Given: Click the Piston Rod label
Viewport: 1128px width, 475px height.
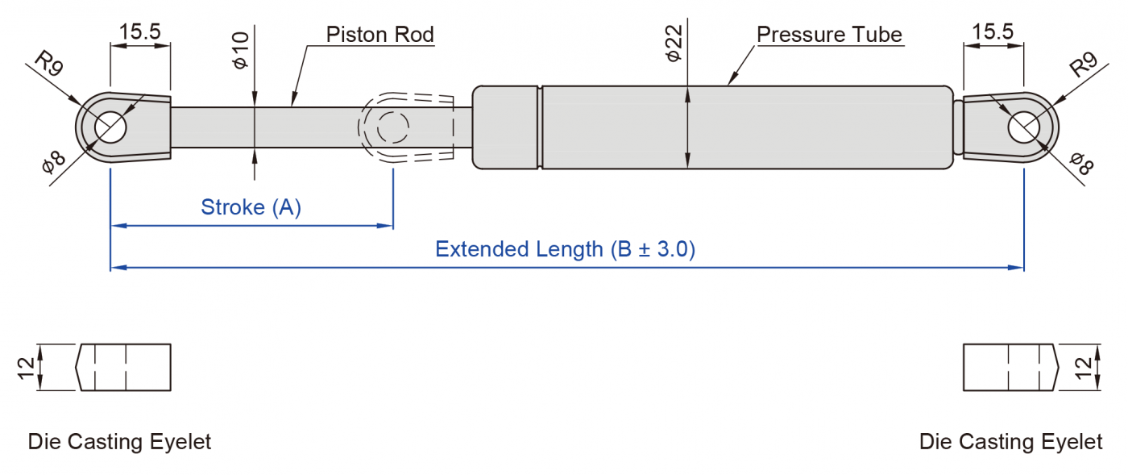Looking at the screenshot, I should pyautogui.click(x=379, y=35).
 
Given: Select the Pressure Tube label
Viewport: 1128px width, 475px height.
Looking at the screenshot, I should pyautogui.click(x=829, y=35).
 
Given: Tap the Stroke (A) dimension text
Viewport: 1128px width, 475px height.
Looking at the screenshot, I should pyautogui.click(x=251, y=207).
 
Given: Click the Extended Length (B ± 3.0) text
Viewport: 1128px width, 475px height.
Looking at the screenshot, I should pyautogui.click(x=565, y=248).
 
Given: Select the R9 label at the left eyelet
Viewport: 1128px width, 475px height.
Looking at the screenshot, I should pyautogui.click(x=49, y=64).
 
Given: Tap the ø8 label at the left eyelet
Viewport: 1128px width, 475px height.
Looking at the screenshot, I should pyautogui.click(x=53, y=164).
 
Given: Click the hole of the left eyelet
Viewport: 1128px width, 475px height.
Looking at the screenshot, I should pyautogui.click(x=111, y=127).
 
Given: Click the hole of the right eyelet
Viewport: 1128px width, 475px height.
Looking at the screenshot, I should pyautogui.click(x=1024, y=127).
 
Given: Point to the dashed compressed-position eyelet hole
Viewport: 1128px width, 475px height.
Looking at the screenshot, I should pyautogui.click(x=392, y=127).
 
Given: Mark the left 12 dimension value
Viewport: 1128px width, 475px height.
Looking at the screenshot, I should pyautogui.click(x=27, y=368).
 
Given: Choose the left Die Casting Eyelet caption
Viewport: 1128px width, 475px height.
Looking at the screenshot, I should pyautogui.click(x=119, y=442).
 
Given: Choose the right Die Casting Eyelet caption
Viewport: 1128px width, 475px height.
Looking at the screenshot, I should pyautogui.click(x=1010, y=442).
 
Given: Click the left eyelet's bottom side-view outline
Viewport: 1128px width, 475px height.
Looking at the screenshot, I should pyautogui.click(x=124, y=368).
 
